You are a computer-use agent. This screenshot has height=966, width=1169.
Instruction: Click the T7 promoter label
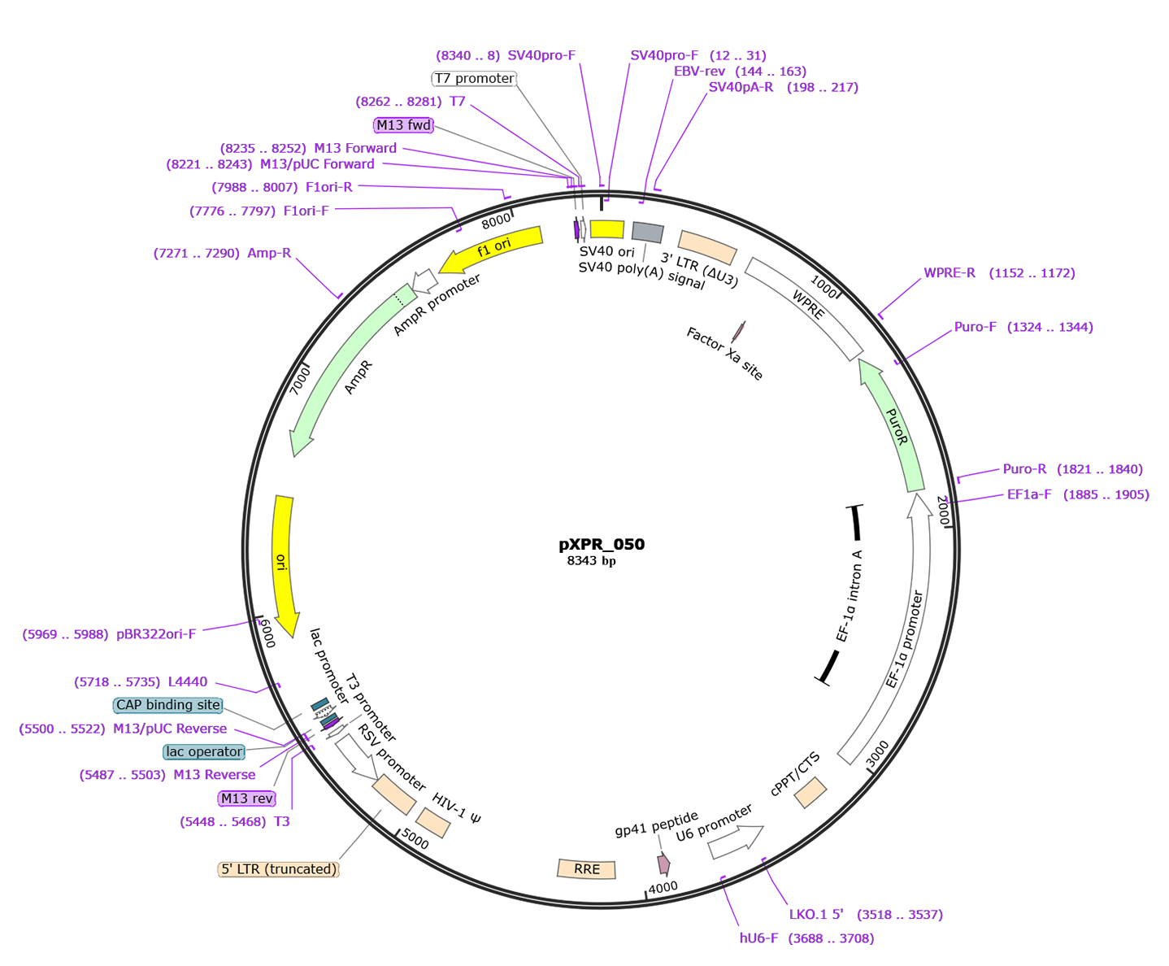pyautogui.click(x=475, y=78)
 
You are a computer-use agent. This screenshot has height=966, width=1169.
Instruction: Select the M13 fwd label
pyautogui.click(x=403, y=125)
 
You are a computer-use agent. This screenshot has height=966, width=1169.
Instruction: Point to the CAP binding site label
pyautogui.click(x=167, y=705)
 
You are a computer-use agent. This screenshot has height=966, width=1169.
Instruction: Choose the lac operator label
pyautogui.click(x=203, y=751)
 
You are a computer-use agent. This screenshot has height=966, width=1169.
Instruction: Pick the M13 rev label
pyautogui.click(x=246, y=798)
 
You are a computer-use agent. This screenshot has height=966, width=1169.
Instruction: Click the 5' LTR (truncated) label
pyautogui.click(x=278, y=868)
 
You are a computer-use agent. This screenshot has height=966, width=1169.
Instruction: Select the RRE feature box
pyautogui.click(x=587, y=869)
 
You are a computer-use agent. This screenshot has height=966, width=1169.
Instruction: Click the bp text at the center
pyautogui.click(x=609, y=562)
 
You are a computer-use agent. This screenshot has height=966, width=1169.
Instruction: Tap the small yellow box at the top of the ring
pyautogui.click(x=606, y=229)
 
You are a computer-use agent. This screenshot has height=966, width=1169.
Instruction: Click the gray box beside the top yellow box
pyautogui.click(x=647, y=233)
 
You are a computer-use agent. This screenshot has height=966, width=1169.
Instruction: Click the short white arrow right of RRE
pyautogui.click(x=734, y=842)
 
